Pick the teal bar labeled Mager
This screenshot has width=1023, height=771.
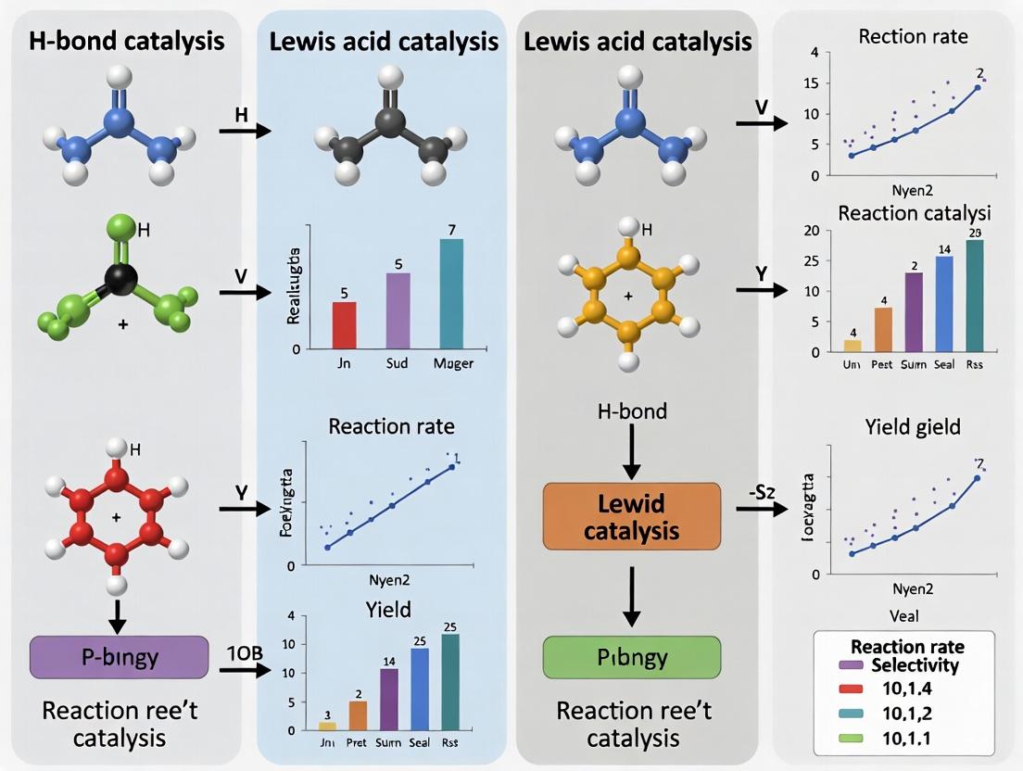coord(451,293)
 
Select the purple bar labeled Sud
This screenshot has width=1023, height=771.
coord(398,310)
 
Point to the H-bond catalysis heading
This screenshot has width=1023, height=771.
coord(127,41)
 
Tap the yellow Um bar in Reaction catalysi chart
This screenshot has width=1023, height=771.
coord(852,346)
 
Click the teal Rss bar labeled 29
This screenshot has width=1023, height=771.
coord(974,296)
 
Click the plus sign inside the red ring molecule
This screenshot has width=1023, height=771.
coord(116,516)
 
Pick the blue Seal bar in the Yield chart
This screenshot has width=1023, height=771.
coord(419,689)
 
